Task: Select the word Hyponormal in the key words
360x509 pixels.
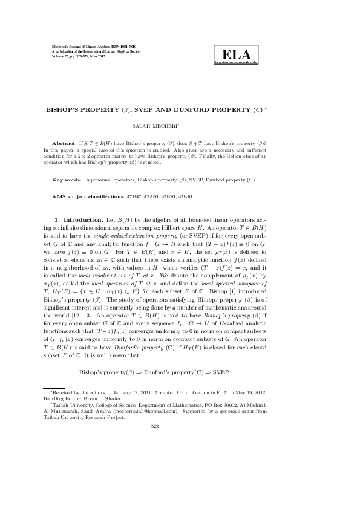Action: point(105,180)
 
